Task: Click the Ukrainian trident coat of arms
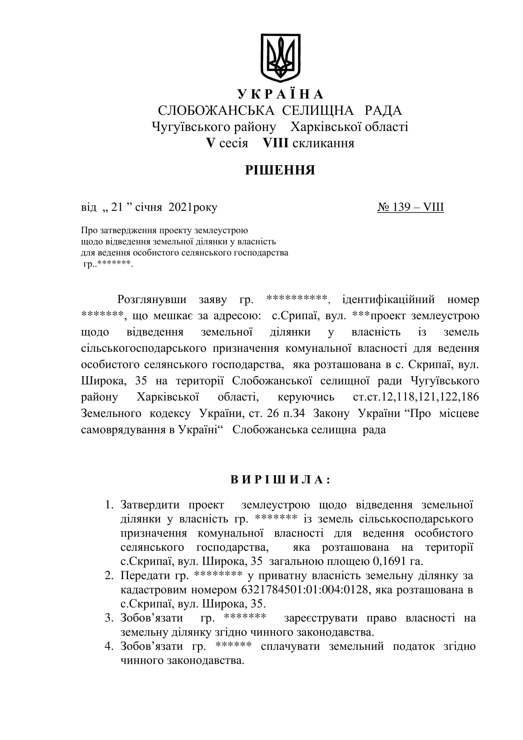pos(280,58)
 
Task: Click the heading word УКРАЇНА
pos(280,94)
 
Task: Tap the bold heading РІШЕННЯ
pos(280,170)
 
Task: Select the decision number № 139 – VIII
pos(411,207)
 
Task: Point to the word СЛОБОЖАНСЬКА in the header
pos(216,110)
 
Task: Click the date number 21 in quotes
pos(117,207)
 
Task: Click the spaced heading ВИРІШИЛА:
pos(280,480)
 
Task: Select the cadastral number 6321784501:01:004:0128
pos(304,590)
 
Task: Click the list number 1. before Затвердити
pos(109,505)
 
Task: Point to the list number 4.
pos(109,646)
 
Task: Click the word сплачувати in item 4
pos(290,646)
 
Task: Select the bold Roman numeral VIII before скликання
pos(275,143)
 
